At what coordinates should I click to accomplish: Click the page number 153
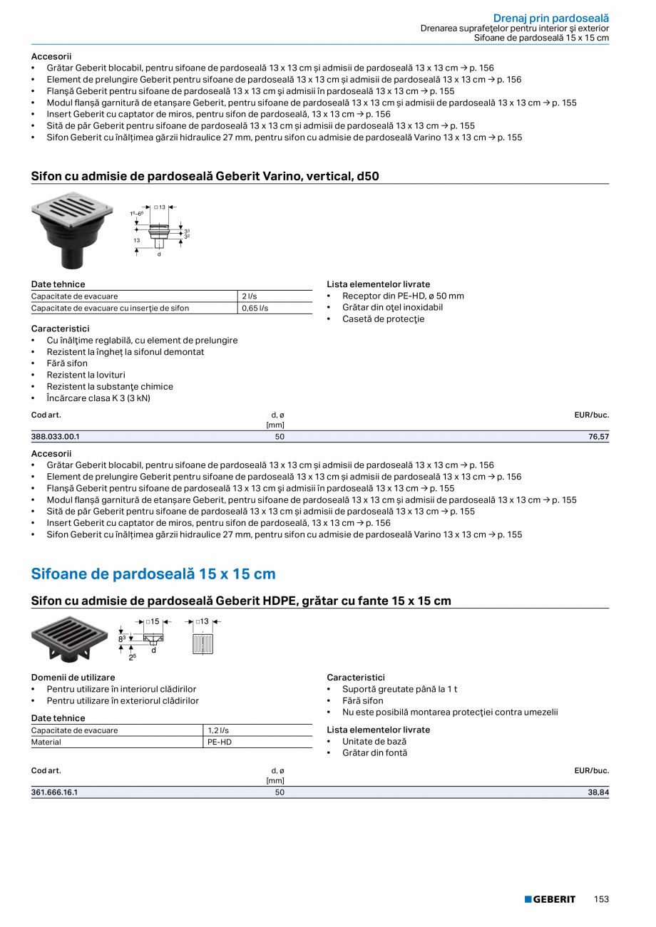point(601,899)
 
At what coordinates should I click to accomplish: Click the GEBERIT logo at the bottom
point(550,899)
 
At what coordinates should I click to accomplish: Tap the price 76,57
point(599,437)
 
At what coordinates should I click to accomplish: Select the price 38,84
point(599,792)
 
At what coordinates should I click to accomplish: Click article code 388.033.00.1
point(56,437)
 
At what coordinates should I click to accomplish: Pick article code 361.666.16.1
point(55,792)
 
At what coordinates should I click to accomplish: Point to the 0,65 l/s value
point(255,308)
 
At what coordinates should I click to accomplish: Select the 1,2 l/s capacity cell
point(218,730)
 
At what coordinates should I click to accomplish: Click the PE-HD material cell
point(220,742)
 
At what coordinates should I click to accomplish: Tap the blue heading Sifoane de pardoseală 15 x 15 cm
point(153,574)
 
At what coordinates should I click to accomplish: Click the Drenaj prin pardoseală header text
point(551,18)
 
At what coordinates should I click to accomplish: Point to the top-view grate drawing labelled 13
point(203,643)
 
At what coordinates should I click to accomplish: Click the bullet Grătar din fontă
point(374,753)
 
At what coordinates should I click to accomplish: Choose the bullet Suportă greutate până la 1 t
point(399,689)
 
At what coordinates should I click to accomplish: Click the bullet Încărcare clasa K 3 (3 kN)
point(98,398)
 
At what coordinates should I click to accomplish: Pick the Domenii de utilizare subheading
point(73,678)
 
